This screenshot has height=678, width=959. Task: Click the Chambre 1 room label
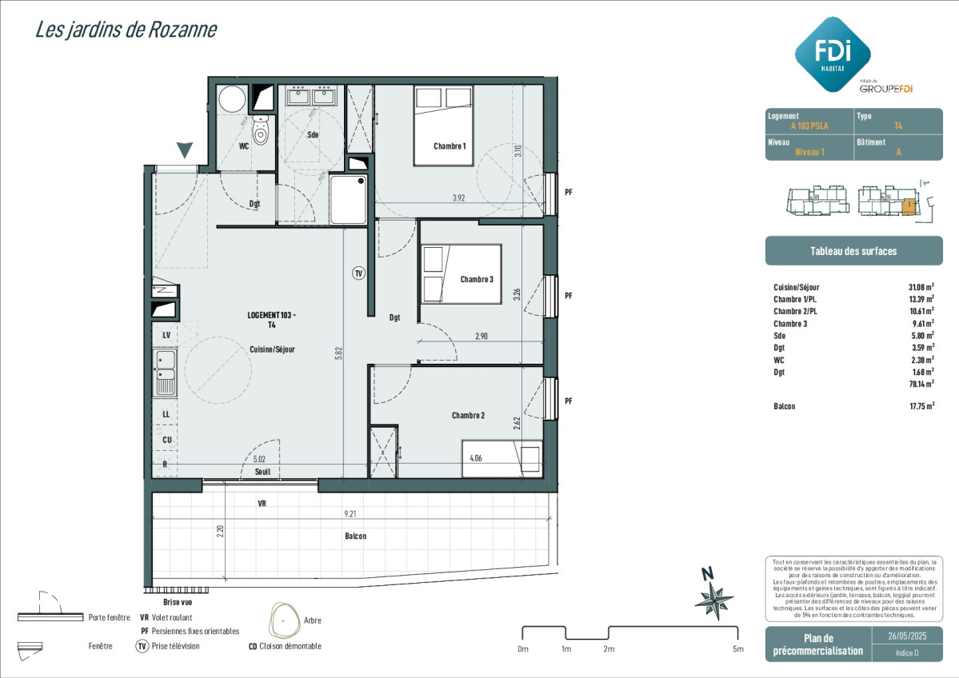pyautogui.click(x=450, y=146)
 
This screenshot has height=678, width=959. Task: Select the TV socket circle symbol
pyautogui.click(x=359, y=273)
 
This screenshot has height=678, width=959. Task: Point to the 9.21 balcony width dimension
pyautogui.click(x=350, y=514)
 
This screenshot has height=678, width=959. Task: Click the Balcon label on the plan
pyautogui.click(x=355, y=536)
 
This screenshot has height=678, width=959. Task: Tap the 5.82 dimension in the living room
pyautogui.click(x=338, y=353)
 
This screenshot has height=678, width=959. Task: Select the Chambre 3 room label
pyautogui.click(x=477, y=279)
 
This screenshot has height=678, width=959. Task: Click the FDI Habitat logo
pyautogui.click(x=833, y=54)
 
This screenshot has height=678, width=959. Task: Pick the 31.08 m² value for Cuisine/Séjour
pyautogui.click(x=921, y=287)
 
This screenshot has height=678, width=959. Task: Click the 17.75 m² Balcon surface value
pyautogui.click(x=921, y=406)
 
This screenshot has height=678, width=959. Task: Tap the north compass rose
pyautogui.click(x=713, y=597)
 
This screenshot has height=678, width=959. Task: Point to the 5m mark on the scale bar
pyautogui.click(x=738, y=648)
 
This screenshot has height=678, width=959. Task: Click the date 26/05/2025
pyautogui.click(x=907, y=636)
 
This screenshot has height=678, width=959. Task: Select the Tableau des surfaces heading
pyautogui.click(x=853, y=251)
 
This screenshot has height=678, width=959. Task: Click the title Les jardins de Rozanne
pyautogui.click(x=126, y=30)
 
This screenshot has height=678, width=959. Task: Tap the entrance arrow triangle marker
pyautogui.click(x=185, y=150)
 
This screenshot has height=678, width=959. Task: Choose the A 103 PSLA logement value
pyautogui.click(x=809, y=126)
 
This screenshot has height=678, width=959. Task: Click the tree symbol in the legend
pyautogui.click(x=285, y=620)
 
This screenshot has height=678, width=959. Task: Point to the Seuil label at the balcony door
pyautogui.click(x=262, y=472)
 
